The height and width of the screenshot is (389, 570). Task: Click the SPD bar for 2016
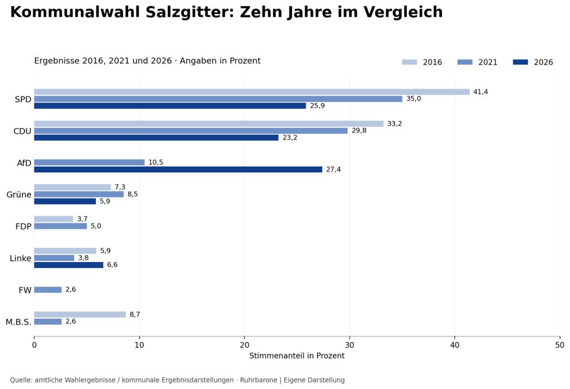252,92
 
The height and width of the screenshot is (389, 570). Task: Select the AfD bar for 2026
178,169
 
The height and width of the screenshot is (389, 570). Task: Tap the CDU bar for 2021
191,130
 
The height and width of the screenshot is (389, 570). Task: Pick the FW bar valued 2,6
48,290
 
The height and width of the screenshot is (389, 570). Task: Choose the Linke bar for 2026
68,265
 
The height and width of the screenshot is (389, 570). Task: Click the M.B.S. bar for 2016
80,314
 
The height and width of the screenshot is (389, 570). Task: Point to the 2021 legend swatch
465,62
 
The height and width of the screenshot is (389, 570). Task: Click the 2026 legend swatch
520,62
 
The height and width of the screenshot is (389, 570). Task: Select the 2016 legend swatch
409,62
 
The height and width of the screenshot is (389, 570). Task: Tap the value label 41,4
480,92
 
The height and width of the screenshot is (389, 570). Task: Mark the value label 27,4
333,169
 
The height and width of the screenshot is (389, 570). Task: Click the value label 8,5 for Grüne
132,194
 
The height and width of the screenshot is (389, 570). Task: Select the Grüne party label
19,194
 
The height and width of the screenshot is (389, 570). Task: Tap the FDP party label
23,226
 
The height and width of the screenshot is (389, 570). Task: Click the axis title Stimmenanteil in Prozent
297,356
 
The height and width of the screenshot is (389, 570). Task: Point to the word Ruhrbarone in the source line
258,380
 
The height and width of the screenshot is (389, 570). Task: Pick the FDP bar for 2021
61,226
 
